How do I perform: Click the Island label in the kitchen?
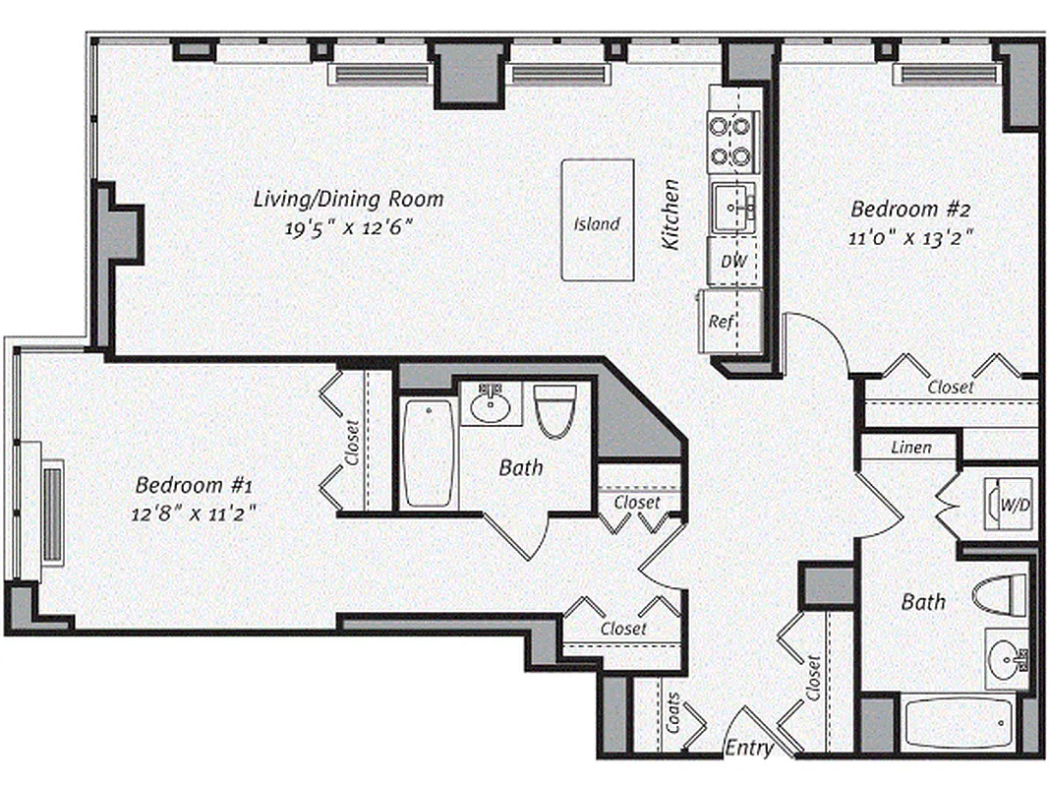coord(597,223)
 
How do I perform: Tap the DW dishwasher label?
coord(731,262)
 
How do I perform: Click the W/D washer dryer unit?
coord(1010,506)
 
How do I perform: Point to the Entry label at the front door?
coord(749,749)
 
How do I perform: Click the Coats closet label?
coord(672,717)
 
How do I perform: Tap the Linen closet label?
coord(910,448)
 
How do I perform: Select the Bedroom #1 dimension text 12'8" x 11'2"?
coord(199,513)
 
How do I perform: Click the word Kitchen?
coord(671,213)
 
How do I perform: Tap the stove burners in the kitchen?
coord(732,141)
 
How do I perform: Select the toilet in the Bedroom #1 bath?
coord(554,409)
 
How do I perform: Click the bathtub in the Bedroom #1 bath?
coord(429,453)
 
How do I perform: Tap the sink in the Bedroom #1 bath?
coord(491,403)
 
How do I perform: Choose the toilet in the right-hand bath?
coord(1000,594)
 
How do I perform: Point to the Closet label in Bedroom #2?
coord(951,388)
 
